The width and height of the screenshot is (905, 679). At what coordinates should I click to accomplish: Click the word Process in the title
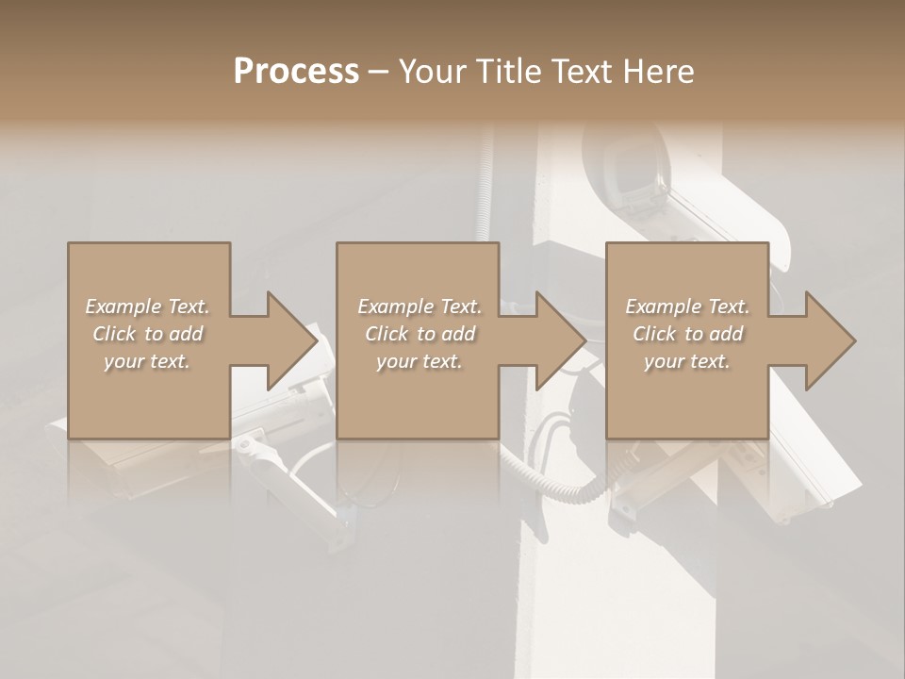pyautogui.click(x=296, y=71)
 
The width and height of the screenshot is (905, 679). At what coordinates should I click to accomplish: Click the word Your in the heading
pyautogui.click(x=431, y=71)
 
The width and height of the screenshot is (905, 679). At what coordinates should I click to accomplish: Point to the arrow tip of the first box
pyautogui.click(x=314, y=340)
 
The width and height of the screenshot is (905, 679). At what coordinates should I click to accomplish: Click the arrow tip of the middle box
pyautogui.click(x=583, y=340)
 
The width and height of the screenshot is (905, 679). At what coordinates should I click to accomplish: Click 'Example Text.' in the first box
pyautogui.click(x=148, y=306)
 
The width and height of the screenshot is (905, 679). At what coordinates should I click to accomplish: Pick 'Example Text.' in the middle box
pyautogui.click(x=420, y=306)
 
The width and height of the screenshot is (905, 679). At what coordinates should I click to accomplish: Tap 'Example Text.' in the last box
pyautogui.click(x=687, y=306)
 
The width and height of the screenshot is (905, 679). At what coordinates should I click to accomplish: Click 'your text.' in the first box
pyautogui.click(x=147, y=361)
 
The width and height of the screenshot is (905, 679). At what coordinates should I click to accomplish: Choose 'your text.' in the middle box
pyautogui.click(x=419, y=361)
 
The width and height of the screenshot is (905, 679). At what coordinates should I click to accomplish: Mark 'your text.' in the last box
pyautogui.click(x=686, y=361)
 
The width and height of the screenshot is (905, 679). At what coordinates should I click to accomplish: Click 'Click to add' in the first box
pyautogui.click(x=148, y=334)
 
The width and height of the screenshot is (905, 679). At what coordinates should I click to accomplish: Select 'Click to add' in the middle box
pyautogui.click(x=420, y=334)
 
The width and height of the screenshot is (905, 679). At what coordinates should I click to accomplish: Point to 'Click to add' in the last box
pyautogui.click(x=687, y=334)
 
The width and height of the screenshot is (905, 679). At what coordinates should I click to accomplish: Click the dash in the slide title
pyautogui.click(x=378, y=72)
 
